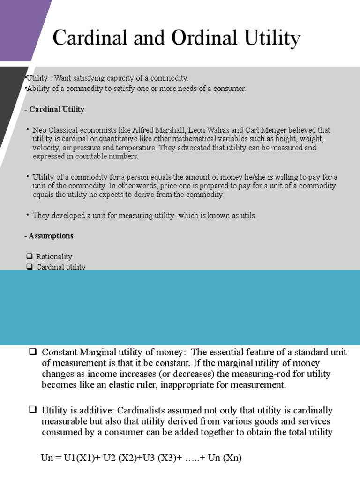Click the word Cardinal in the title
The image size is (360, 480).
(89, 38)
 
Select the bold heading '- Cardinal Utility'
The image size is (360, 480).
(54, 109)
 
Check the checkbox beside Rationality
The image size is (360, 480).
(30, 257)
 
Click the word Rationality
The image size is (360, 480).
(54, 257)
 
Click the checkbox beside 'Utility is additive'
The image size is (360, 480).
(32, 411)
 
